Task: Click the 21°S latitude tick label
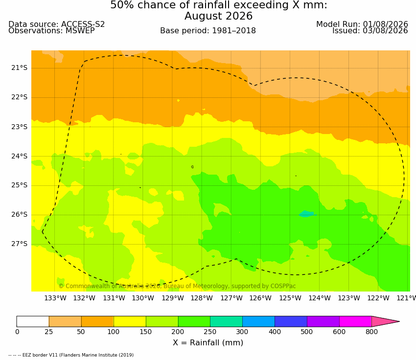(19, 68)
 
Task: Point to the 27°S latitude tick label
(19, 244)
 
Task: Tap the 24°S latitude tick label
(19, 156)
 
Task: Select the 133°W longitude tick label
(55, 298)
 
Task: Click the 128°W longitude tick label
(202, 298)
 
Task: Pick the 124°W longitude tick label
(320, 298)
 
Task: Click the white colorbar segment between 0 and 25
(33, 321)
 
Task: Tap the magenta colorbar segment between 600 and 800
(355, 321)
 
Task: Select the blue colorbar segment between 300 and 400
(259, 321)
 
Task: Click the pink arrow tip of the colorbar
(399, 321)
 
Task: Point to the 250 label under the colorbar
(210, 332)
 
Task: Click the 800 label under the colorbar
(371, 332)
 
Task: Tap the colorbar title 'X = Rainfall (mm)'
(208, 343)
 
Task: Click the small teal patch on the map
(306, 214)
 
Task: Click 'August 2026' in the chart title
(218, 16)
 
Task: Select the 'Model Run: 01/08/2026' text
(362, 24)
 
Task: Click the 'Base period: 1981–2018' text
(208, 31)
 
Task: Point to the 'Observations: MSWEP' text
(51, 31)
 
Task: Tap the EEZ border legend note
(71, 355)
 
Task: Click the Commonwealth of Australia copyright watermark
(177, 286)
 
